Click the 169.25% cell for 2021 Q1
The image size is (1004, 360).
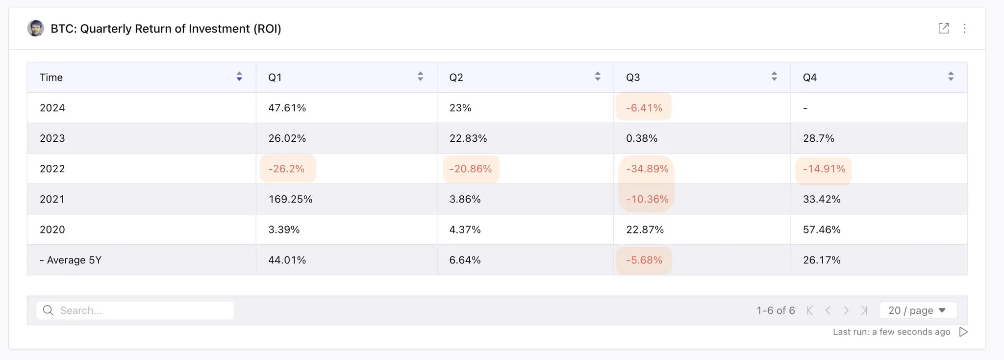pos(290,199)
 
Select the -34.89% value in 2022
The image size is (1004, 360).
pos(647,169)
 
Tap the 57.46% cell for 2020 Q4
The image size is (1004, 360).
pos(822,230)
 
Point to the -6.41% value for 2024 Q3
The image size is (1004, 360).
pos(644,108)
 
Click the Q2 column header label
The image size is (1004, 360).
pos(456,77)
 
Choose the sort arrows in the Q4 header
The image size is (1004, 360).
pos(951,77)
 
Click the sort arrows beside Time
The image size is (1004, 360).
pos(239,77)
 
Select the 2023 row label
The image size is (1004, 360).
pos(52,138)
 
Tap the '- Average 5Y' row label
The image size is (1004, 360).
pos(71,260)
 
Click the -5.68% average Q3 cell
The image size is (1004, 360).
pos(644,260)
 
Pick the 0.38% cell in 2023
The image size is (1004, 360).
pos(642,138)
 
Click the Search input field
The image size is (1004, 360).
pos(142,310)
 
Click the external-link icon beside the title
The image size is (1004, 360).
pos(944,28)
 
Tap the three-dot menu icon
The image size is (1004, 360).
pos(965,28)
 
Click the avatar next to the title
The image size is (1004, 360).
pos(35,28)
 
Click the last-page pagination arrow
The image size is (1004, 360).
pos(864,310)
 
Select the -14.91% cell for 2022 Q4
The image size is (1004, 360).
pos(824,169)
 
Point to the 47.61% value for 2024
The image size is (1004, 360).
pos(287,108)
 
